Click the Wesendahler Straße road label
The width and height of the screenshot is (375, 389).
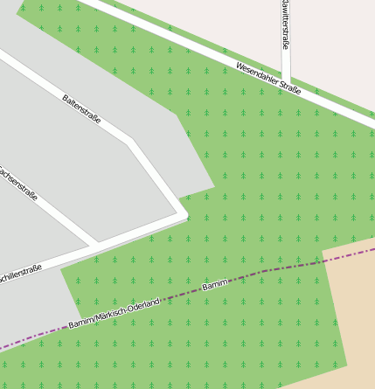[x=268, y=78]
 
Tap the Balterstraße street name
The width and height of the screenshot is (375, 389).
[x=81, y=108]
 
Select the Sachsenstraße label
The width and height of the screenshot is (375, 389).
[x=19, y=184]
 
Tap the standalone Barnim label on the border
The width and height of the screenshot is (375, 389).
[x=214, y=285]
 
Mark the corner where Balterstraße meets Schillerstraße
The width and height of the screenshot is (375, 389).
[x=183, y=212]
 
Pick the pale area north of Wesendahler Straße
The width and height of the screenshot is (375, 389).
[x=332, y=44]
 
